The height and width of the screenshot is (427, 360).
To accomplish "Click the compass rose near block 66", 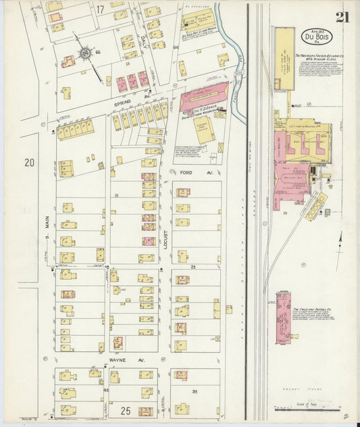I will (x=86, y=53).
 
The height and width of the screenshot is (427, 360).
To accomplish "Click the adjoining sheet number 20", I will (x=28, y=162).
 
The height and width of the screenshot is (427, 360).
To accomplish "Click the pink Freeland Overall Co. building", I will (x=284, y=318).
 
